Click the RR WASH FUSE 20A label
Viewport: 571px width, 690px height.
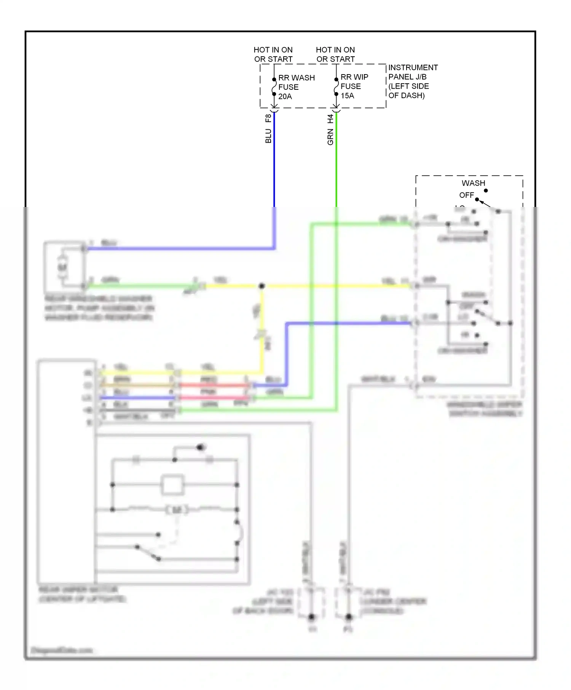pos(296,87)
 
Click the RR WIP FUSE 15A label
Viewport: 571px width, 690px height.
pos(354,86)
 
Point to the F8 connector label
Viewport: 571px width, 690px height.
pos(268,118)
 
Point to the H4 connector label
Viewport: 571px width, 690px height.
pos(330,119)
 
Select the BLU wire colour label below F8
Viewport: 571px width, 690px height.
pos(268,136)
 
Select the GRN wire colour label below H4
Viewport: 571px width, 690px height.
pos(330,137)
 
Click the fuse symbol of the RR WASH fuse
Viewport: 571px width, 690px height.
pos(274,87)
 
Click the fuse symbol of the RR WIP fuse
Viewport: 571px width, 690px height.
pos(336,87)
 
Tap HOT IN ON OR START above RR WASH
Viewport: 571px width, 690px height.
pos(273,54)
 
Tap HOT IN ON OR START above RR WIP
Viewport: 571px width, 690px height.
pos(335,54)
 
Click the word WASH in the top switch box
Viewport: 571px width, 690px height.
pos(473,183)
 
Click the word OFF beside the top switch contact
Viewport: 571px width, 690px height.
pos(466,195)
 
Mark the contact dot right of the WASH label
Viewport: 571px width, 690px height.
pos(486,190)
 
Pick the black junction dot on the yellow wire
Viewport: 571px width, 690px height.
pos(262,286)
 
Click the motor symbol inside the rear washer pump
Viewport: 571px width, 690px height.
pos(62,267)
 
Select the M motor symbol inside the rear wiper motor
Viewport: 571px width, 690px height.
pos(177,509)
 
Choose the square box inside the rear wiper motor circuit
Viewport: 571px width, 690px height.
pos(172,485)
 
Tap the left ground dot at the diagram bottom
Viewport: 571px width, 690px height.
pos(311,617)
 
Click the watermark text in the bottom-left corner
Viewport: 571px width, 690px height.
pos(62,650)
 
